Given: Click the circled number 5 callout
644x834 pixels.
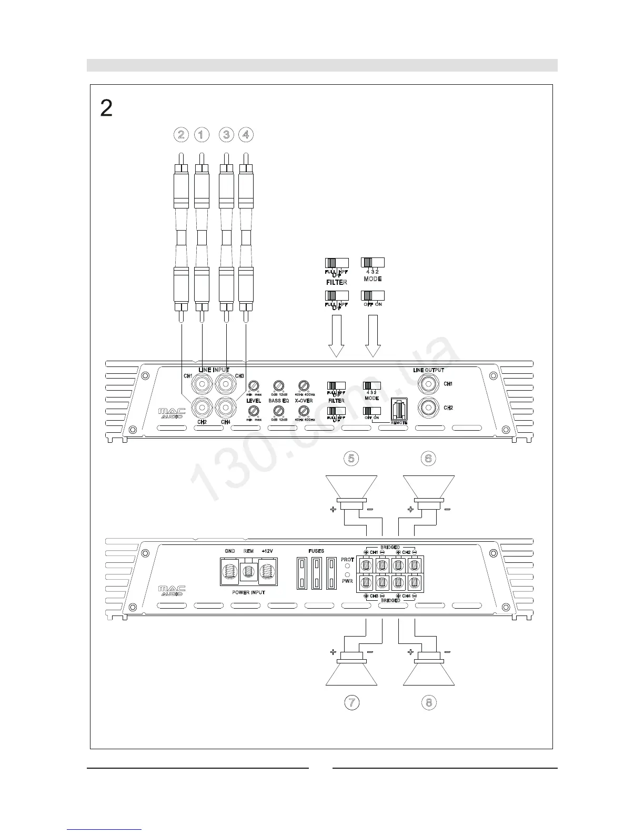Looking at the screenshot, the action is click(351, 459).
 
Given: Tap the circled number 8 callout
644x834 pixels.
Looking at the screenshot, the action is click(429, 702).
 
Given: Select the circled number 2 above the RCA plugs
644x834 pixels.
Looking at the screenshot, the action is click(181, 135).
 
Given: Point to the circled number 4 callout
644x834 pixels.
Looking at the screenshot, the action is click(246, 135).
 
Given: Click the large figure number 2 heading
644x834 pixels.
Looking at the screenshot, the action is click(106, 108).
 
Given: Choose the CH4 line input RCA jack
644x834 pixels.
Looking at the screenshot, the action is click(225, 407).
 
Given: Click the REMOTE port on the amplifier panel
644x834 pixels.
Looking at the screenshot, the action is click(399, 409).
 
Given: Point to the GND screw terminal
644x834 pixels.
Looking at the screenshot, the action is click(230, 571).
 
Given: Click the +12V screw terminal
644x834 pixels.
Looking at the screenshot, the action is click(267, 571).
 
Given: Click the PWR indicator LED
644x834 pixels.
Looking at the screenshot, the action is click(347, 574).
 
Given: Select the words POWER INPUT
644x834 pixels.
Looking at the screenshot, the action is click(248, 592).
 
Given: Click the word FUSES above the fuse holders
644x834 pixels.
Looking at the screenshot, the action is click(316, 551).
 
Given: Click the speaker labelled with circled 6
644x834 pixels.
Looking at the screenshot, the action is click(428, 490).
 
